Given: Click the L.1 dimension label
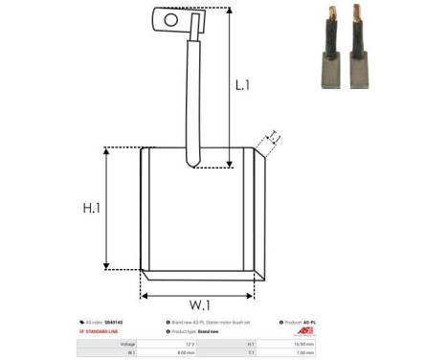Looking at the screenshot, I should [244, 84].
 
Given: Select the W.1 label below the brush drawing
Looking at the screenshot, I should [200, 304].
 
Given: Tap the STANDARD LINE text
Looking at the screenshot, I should [109, 332].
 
